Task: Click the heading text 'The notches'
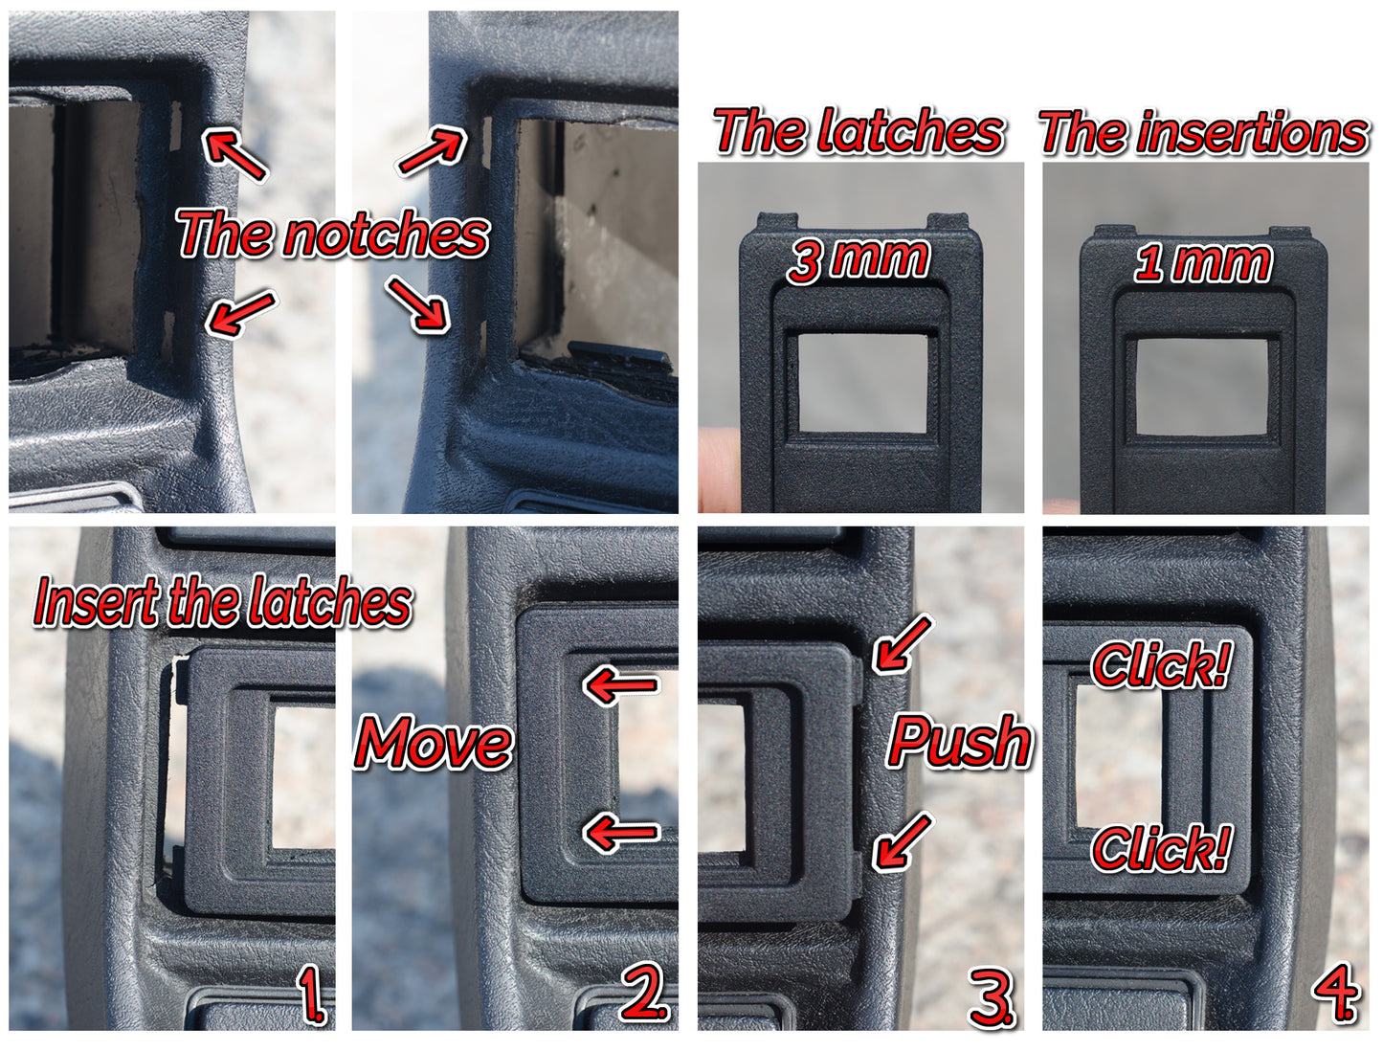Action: [x=333, y=234]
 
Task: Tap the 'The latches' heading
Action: [x=859, y=131]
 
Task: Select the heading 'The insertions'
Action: [x=1204, y=132]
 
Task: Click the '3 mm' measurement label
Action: [x=859, y=259]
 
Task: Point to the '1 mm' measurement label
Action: [x=1203, y=262]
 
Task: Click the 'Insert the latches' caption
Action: [x=223, y=602]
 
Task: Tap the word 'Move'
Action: [x=434, y=743]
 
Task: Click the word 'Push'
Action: [x=960, y=741]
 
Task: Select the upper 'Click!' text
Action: [x=1161, y=665]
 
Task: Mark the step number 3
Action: [x=991, y=998]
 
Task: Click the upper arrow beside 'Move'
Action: [x=621, y=685]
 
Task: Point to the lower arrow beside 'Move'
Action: [x=621, y=832]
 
